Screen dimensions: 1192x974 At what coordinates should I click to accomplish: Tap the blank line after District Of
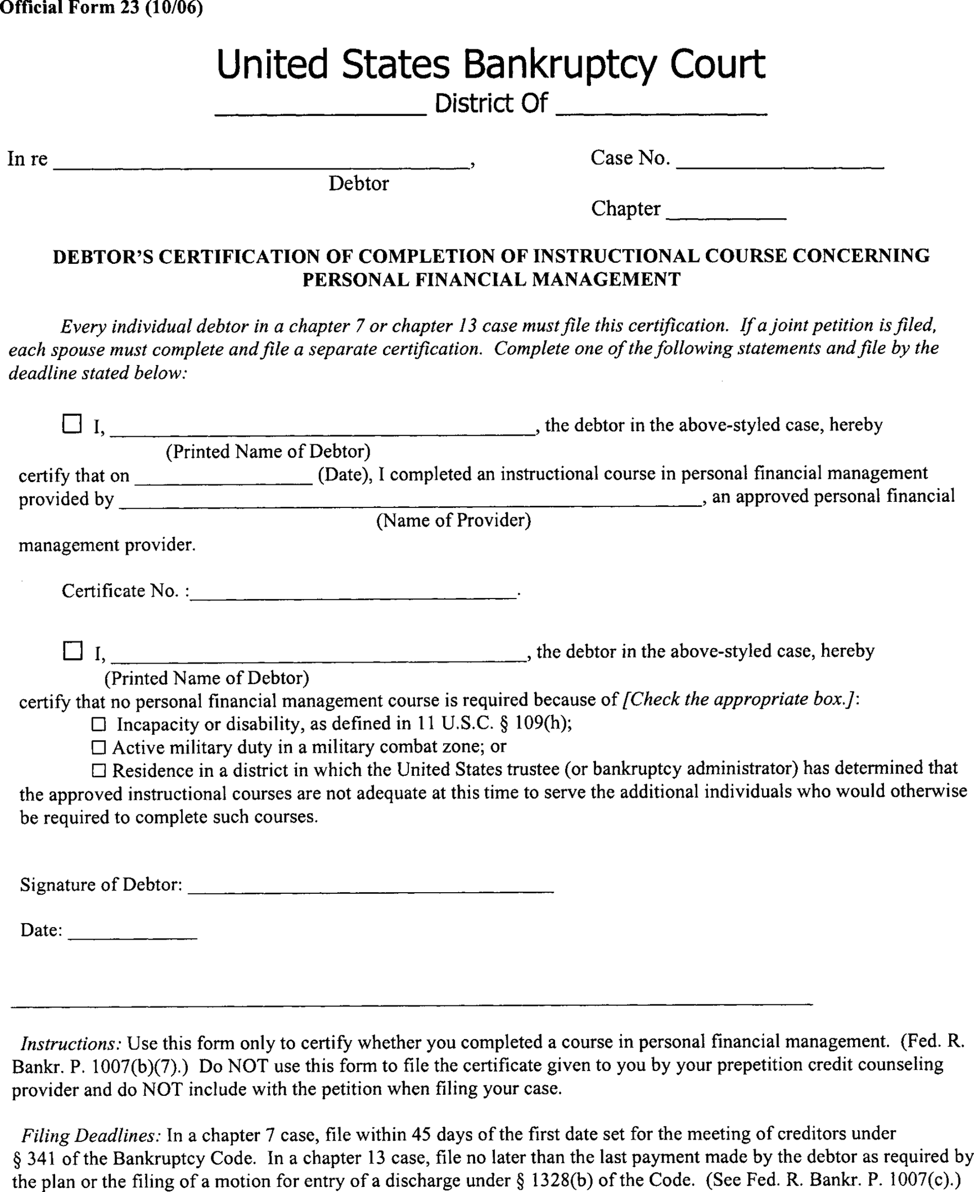coord(662,111)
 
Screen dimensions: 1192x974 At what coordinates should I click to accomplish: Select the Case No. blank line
coord(780,164)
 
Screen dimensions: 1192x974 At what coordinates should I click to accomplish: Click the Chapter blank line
coord(726,215)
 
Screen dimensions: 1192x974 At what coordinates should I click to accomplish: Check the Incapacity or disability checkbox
coord(99,724)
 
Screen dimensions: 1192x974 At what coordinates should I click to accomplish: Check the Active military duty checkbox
coord(99,748)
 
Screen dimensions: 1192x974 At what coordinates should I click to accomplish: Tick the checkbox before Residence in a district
coord(99,771)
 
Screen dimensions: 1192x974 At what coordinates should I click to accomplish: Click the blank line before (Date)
coord(223,481)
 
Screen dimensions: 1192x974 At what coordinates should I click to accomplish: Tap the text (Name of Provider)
coord(453,521)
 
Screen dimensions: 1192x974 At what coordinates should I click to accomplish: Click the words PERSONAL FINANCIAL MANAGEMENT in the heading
coord(492,279)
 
